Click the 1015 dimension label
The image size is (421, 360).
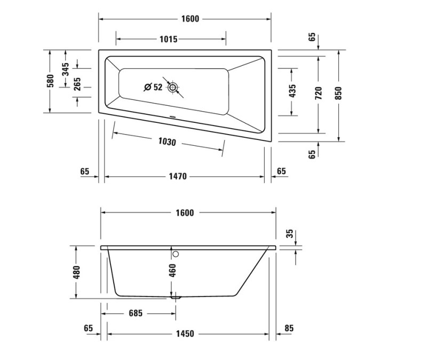[169, 39]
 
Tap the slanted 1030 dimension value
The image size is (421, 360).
[167, 142]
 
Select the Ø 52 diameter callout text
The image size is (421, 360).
[153, 87]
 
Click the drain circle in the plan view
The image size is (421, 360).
[173, 88]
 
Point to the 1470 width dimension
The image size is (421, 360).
[178, 176]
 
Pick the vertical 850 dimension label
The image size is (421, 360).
[338, 93]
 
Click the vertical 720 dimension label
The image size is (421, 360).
[319, 93]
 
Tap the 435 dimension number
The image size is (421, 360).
[292, 91]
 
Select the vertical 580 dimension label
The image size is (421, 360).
[50, 81]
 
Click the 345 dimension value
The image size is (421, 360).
[65, 69]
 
